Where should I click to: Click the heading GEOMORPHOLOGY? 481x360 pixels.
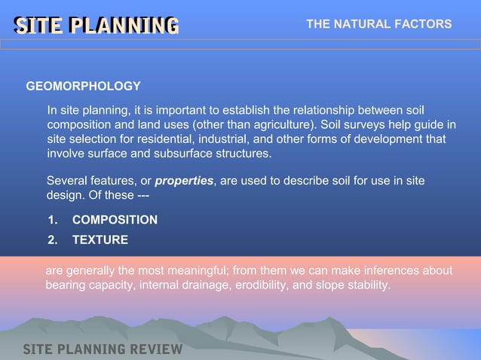click(x=83, y=87)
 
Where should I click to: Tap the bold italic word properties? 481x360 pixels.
click(x=184, y=182)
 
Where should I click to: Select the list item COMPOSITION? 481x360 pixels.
click(x=115, y=220)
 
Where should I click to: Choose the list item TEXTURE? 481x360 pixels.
click(x=100, y=240)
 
